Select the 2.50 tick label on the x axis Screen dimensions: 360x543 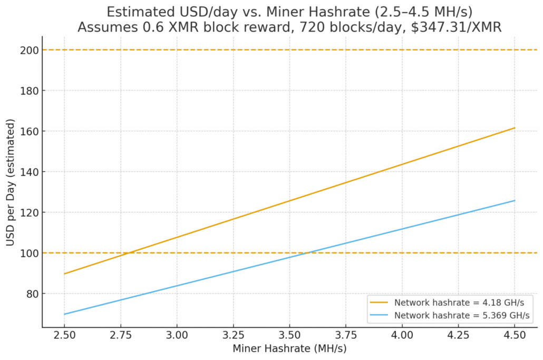click(x=64, y=336)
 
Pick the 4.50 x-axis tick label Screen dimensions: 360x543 click(x=515, y=336)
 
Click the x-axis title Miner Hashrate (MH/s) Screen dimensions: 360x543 click(x=289, y=348)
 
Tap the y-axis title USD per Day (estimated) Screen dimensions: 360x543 click(x=11, y=182)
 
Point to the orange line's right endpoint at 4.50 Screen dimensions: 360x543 click(x=515, y=128)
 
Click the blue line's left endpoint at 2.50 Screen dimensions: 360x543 click(x=64, y=314)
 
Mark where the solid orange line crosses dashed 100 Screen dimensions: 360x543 click(x=129, y=253)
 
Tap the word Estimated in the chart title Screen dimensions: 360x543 click(x=141, y=12)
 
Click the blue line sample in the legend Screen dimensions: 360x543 click(x=381, y=315)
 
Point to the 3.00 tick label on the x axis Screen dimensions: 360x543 click(x=177, y=336)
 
